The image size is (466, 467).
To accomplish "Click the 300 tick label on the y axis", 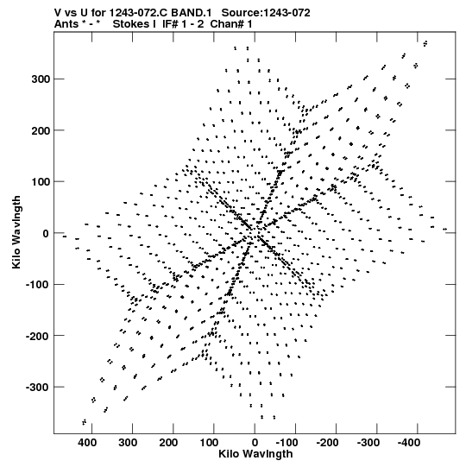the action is pyautogui.click(x=41, y=79).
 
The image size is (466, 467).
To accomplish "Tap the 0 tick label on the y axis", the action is pyautogui.click(x=46, y=233).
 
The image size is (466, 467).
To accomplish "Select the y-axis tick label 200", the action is pyautogui.click(x=41, y=130).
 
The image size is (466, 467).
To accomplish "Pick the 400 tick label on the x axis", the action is pyautogui.click(x=87, y=443).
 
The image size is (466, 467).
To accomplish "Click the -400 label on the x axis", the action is pyautogui.click(x=409, y=443).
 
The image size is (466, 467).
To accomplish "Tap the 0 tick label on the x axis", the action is pyautogui.click(x=255, y=443).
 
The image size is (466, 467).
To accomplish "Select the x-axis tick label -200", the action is pyautogui.click(x=328, y=443).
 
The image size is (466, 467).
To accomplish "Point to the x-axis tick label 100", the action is pyautogui.click(x=209, y=443).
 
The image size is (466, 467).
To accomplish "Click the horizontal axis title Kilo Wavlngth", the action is pyautogui.click(x=255, y=454).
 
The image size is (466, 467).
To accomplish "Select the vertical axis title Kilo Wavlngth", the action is pyautogui.click(x=16, y=232).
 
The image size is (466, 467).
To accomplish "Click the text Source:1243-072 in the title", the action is pyautogui.click(x=266, y=13).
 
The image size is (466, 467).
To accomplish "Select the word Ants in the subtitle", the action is pyautogui.click(x=66, y=24).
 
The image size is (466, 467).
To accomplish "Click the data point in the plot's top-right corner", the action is pyautogui.click(x=425, y=43).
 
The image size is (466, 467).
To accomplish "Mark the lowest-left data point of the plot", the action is pyautogui.click(x=85, y=422).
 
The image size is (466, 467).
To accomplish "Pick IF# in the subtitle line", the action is pyautogui.click(x=170, y=24).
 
